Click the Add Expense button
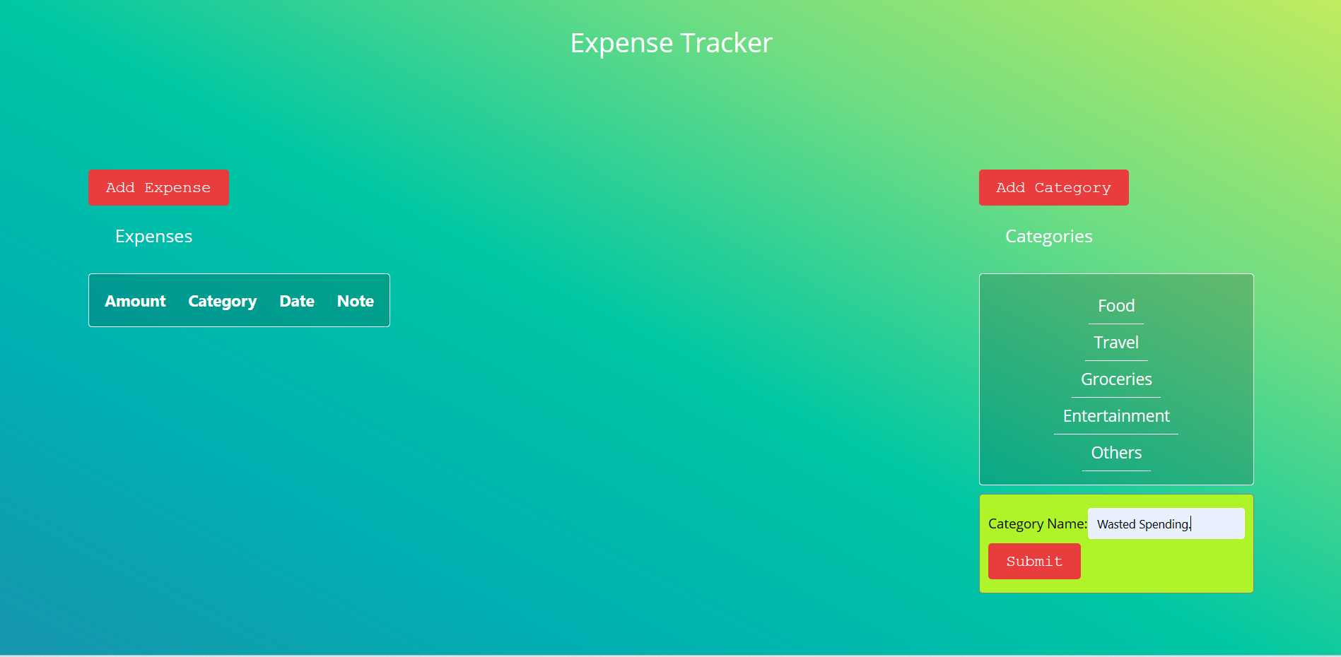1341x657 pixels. click(x=158, y=187)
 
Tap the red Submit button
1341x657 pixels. click(x=1034, y=561)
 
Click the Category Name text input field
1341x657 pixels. click(x=1166, y=523)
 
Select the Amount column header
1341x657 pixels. click(x=135, y=301)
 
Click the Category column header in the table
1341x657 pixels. click(x=223, y=302)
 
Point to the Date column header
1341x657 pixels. click(x=297, y=301)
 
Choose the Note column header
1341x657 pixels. click(x=356, y=301)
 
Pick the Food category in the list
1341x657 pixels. click(x=1116, y=306)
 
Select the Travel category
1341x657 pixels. click(x=1116, y=343)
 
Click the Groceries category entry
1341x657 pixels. click(x=1116, y=379)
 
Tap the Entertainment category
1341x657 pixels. click(x=1116, y=416)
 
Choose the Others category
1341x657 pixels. click(x=1116, y=453)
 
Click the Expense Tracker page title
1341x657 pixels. click(x=671, y=43)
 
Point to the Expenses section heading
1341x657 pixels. click(x=153, y=237)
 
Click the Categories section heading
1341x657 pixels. click(x=1049, y=237)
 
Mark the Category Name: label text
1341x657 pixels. click(x=1037, y=524)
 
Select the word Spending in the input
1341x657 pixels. click(x=1164, y=525)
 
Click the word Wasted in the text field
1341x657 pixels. click(x=1116, y=524)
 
